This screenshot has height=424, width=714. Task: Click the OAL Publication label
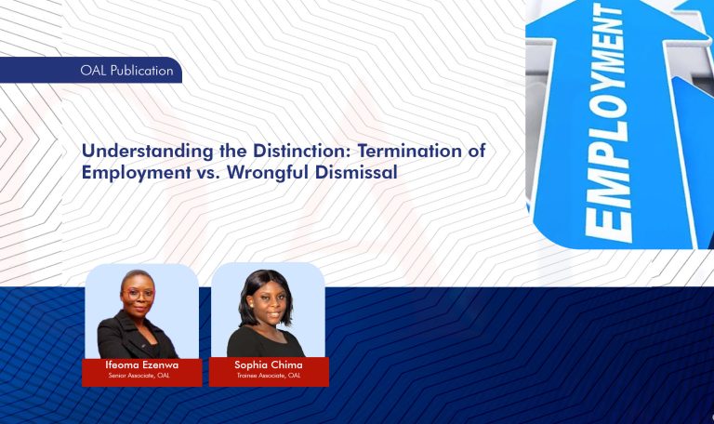tap(126, 71)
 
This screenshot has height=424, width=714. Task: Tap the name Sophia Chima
tap(268, 365)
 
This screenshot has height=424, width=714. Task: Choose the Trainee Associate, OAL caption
tap(268, 376)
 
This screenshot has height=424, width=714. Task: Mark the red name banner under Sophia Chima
tap(268, 371)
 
